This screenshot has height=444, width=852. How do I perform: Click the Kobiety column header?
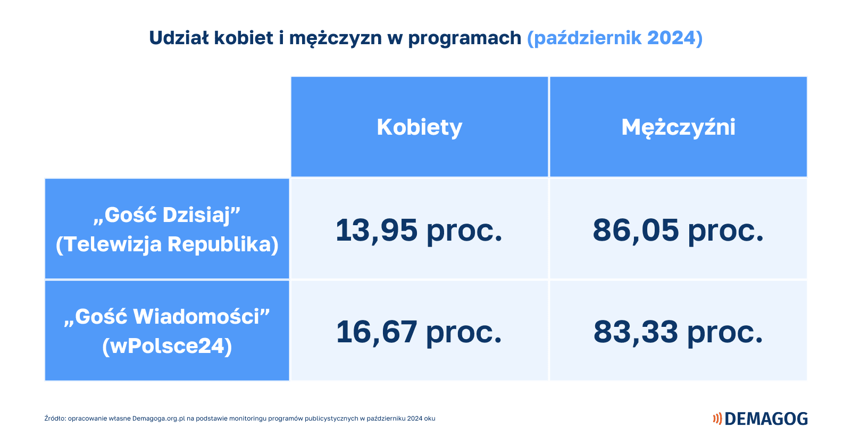(420, 127)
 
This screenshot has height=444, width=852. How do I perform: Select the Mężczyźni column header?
(678, 127)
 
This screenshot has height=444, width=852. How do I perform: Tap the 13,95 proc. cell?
(420, 229)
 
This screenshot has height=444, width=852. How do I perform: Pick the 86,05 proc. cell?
(678, 229)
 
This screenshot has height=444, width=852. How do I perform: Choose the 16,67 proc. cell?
(420, 331)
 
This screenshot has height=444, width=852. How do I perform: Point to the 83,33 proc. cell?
(678, 331)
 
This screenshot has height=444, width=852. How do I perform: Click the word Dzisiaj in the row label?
(197, 216)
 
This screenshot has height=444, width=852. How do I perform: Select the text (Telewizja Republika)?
(167, 244)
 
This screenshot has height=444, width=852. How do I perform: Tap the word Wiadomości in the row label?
(196, 317)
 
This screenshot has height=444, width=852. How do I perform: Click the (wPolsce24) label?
(167, 346)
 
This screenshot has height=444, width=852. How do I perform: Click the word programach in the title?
(464, 38)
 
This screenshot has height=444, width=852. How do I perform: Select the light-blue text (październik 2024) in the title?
(615, 38)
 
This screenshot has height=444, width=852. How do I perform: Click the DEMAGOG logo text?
(766, 418)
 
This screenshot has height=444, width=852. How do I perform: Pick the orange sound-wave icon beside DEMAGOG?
(717, 418)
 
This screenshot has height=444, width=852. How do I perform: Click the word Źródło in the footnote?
(55, 418)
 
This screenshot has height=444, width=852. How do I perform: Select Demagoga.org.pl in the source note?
(158, 418)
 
